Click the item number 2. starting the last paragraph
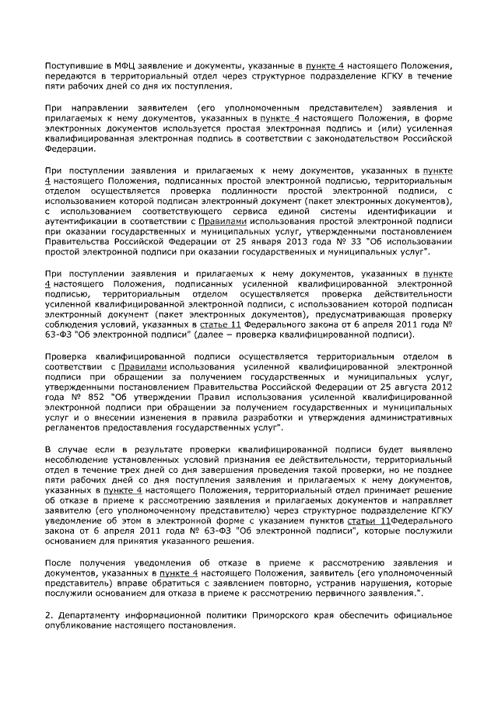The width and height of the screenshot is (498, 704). click(x=48, y=615)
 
